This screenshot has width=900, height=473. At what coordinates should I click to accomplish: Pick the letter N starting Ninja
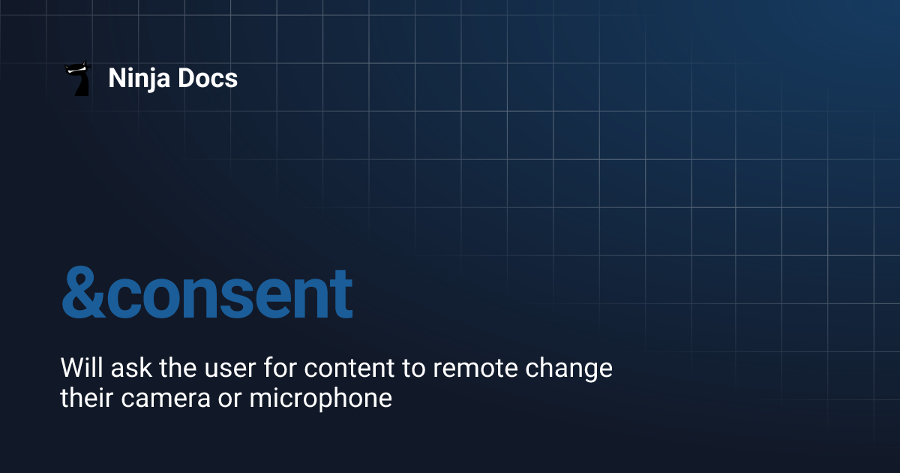point(116,78)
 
